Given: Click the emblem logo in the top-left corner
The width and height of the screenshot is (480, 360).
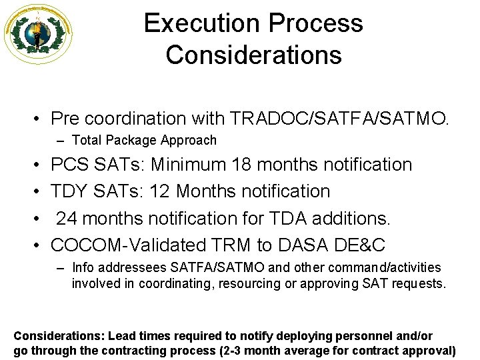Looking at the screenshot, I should point(38,33).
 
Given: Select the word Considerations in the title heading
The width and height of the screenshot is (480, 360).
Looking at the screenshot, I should point(253,54).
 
